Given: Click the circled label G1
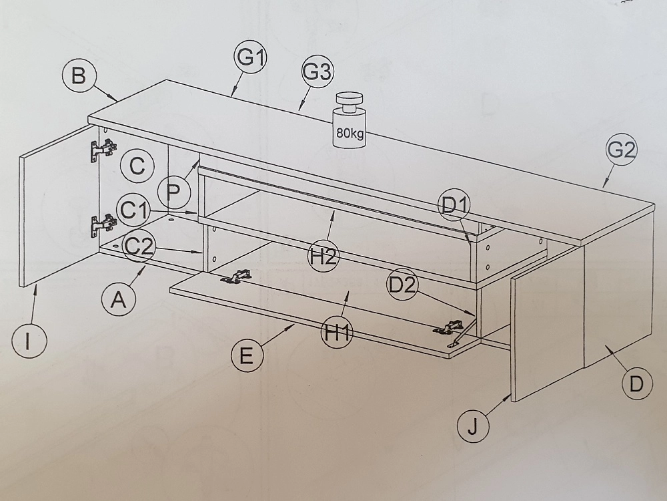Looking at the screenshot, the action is tap(250, 58).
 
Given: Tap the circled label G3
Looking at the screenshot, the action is tap(317, 72).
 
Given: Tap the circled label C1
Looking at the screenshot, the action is tap(135, 210).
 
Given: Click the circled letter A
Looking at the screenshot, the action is tap(119, 301).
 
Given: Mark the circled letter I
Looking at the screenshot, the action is tap(29, 341).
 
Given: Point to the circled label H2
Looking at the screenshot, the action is tap(324, 259).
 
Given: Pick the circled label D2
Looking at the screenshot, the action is tap(402, 285).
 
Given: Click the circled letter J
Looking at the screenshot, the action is tap(474, 426).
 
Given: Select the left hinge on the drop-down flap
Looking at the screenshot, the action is tap(235, 277).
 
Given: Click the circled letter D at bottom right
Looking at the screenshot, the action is tap(636, 384).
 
